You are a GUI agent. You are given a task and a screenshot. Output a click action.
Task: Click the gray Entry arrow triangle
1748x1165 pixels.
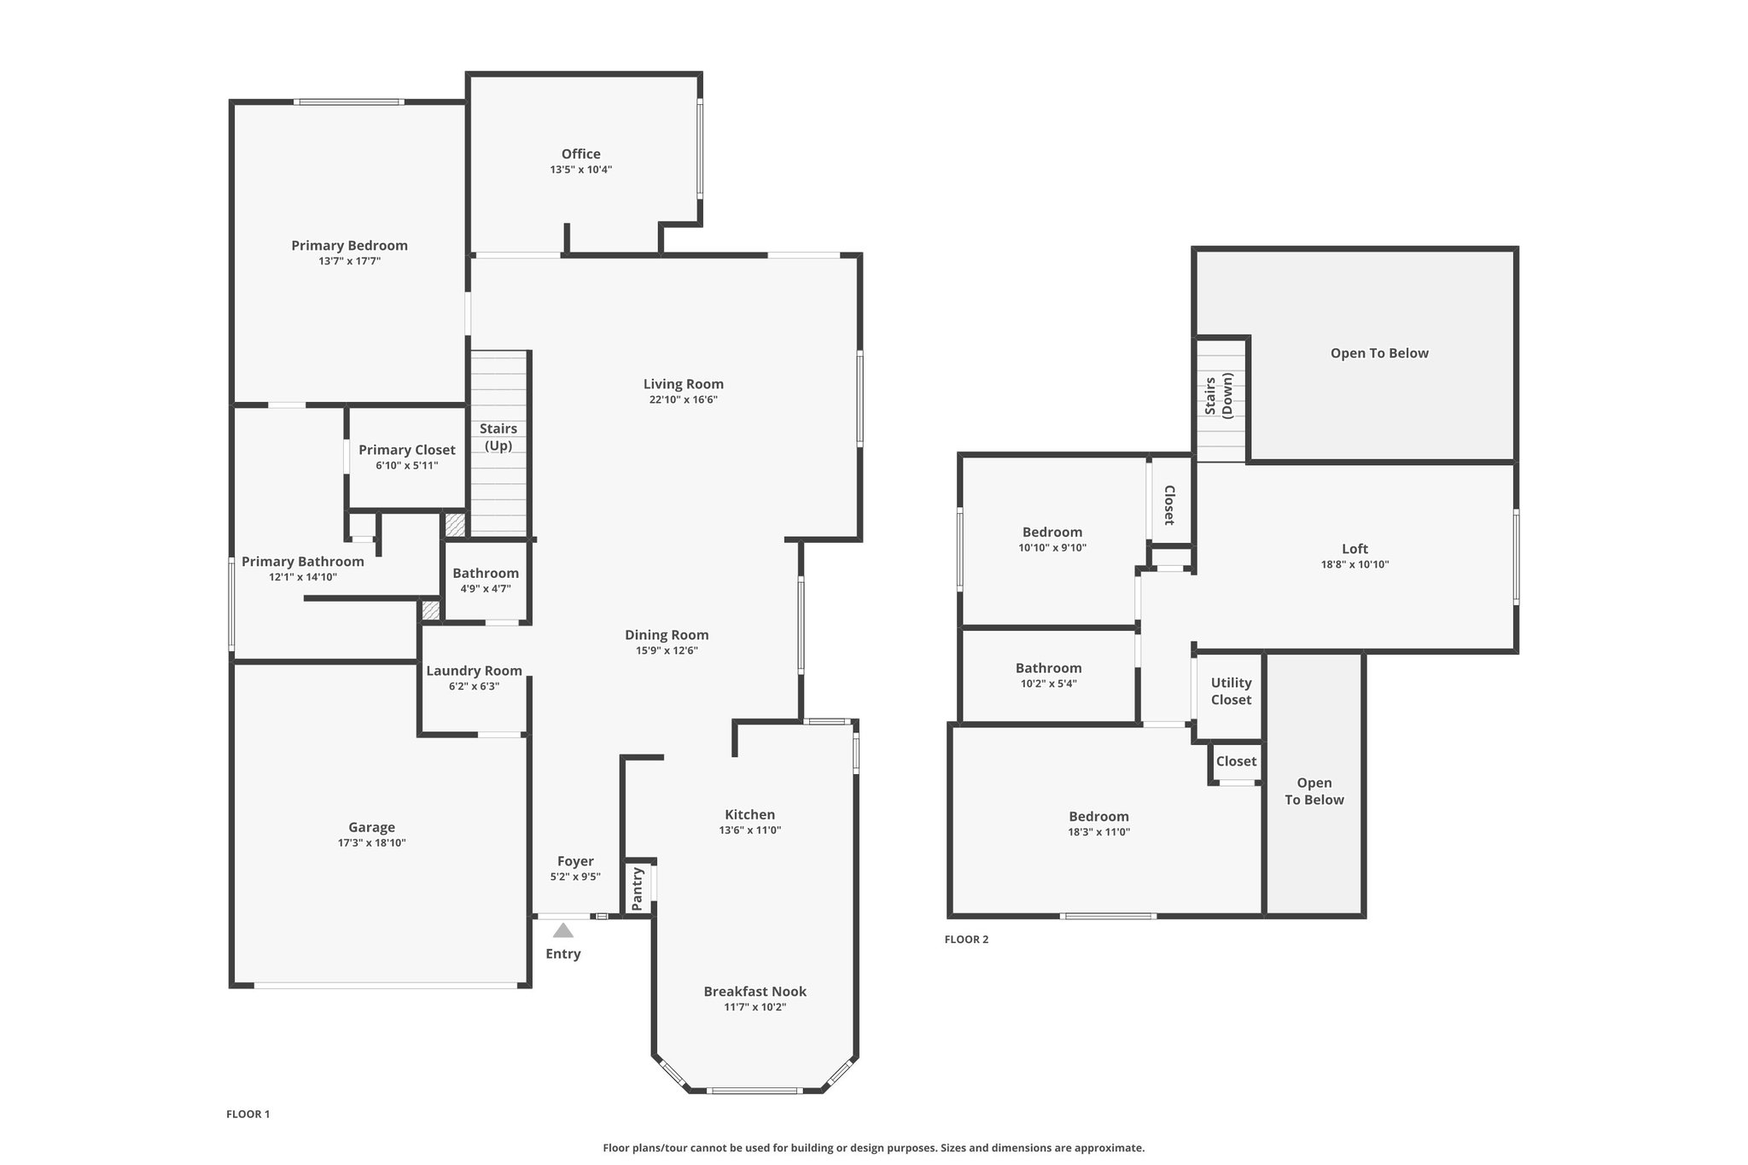(x=563, y=930)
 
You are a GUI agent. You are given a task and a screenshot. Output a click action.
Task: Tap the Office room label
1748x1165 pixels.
(x=580, y=154)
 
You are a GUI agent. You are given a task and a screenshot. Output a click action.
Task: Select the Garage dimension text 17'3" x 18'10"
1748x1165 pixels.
(x=371, y=843)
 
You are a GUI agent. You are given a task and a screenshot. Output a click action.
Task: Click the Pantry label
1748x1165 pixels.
(x=637, y=888)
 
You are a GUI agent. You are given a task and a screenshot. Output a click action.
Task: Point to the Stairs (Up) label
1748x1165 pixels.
(x=498, y=437)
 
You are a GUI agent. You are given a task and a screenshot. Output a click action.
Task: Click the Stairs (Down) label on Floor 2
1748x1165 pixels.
(x=1219, y=395)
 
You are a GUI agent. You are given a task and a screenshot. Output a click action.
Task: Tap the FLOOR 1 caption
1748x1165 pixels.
(x=248, y=1114)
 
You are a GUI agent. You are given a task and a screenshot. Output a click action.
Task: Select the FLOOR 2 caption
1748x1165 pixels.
(x=966, y=940)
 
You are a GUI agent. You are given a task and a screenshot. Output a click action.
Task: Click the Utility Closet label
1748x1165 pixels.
(x=1231, y=691)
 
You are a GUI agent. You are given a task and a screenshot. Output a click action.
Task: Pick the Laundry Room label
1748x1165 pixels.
(x=474, y=671)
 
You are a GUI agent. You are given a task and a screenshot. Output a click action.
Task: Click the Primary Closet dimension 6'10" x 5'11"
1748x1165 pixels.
(x=407, y=466)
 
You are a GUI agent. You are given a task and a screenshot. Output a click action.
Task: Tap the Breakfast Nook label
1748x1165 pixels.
(x=755, y=991)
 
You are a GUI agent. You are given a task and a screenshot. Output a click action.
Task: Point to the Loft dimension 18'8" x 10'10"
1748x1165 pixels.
(x=1355, y=564)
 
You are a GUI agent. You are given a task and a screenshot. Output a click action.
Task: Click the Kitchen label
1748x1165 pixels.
(x=749, y=814)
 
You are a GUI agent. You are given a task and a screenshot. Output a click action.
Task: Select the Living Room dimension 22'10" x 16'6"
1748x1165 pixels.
(x=683, y=399)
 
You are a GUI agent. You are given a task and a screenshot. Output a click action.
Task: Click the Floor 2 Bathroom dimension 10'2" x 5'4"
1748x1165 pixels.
(x=1048, y=684)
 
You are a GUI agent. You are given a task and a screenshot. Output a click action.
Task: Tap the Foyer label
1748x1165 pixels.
(x=575, y=861)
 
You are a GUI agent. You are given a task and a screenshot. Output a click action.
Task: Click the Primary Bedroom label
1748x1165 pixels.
(x=349, y=246)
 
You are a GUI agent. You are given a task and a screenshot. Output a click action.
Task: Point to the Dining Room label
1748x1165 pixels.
(x=667, y=635)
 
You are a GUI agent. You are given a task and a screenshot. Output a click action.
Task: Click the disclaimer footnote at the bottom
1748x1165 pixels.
(x=874, y=1148)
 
